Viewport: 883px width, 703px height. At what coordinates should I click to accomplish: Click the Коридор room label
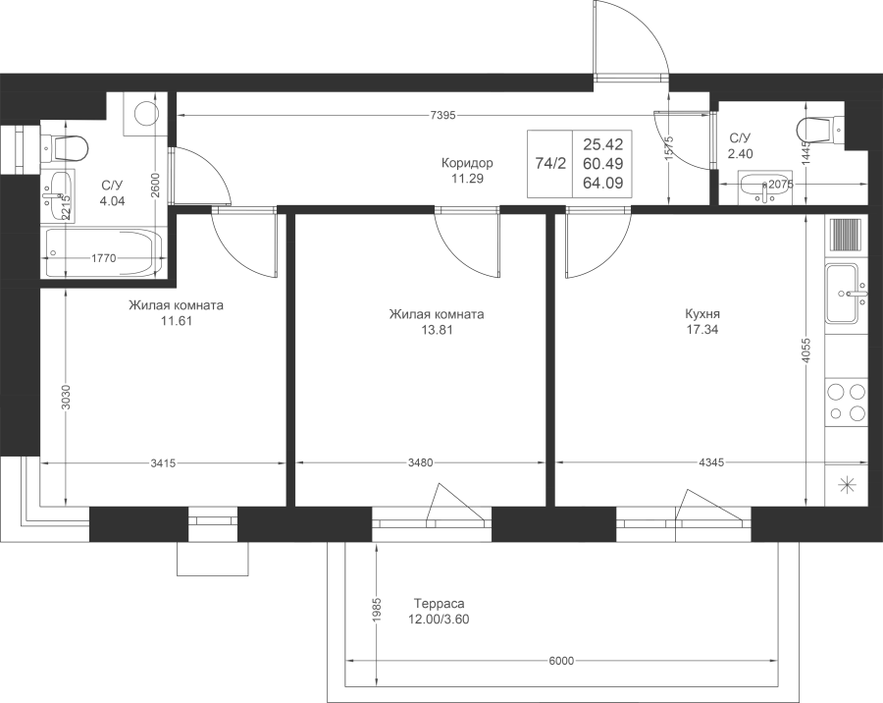coord(467,164)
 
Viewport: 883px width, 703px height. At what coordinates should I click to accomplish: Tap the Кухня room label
coord(701,314)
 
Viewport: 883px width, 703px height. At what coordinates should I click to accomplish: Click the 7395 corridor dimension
coord(442,116)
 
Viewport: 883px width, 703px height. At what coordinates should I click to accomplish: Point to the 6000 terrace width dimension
coord(560,661)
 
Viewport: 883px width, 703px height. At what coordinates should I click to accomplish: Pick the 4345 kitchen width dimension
coord(710,462)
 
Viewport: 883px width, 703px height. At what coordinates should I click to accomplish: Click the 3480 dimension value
coord(420,462)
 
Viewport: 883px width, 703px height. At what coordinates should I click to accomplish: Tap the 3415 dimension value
coord(164,463)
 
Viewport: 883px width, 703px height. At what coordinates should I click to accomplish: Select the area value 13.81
coord(437,330)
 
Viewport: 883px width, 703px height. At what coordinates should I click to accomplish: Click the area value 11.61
coord(177,321)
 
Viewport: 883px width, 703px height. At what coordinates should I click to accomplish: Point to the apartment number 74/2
coord(550,164)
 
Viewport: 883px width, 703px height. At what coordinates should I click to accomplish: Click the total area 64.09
coord(603,183)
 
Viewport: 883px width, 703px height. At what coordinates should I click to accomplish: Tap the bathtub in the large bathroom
coord(104,252)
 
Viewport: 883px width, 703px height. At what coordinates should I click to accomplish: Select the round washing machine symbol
coord(146,113)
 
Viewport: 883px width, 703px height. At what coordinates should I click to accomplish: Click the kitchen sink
coord(844,294)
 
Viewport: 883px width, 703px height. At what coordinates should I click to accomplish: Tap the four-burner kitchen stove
coord(844,402)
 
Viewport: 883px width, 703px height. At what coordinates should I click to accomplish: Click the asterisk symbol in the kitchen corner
coord(846,485)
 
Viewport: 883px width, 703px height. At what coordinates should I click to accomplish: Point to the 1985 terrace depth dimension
coord(378,610)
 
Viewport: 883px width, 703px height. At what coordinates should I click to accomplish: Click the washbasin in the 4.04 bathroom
coord(59,195)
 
